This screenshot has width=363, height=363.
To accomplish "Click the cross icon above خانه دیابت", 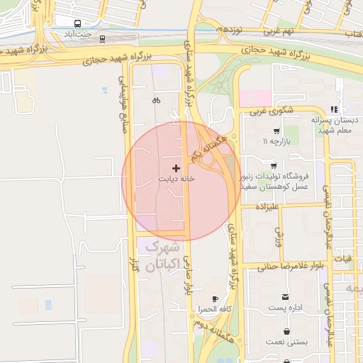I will [x=176, y=169].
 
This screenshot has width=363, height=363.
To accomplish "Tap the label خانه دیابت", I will [x=176, y=179].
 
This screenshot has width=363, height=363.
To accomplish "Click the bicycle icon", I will [x=156, y=100].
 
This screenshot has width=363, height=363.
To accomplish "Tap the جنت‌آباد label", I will [x=78, y=34].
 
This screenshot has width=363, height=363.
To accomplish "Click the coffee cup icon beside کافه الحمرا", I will [x=216, y=300].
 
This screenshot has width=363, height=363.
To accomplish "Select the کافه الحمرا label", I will [x=216, y=310].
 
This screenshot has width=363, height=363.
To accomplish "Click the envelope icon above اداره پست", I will [x=286, y=297].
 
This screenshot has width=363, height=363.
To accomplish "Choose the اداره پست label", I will [x=286, y=308].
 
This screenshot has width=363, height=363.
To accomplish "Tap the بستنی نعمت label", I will [x=286, y=342].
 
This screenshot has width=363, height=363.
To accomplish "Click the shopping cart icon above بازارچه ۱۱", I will [x=276, y=131].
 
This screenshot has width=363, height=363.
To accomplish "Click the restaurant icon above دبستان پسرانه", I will [x=333, y=109].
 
